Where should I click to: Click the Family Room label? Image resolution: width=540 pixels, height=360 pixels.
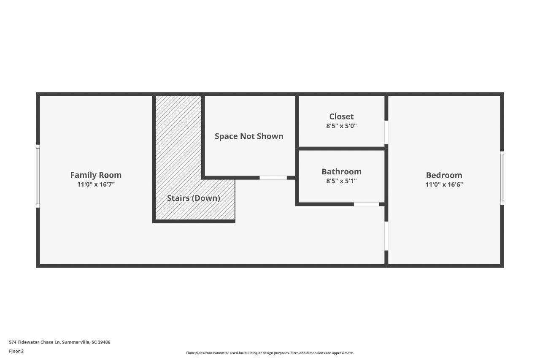(x=96, y=175)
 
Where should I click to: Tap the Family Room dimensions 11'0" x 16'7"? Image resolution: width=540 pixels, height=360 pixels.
(x=96, y=184)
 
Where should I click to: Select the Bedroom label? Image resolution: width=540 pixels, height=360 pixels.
(x=444, y=175)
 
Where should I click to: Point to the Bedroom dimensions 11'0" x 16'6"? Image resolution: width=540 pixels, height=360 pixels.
(x=444, y=184)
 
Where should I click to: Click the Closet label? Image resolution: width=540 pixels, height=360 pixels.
(x=341, y=116)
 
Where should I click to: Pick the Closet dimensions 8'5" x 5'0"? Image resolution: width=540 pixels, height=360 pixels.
(x=341, y=126)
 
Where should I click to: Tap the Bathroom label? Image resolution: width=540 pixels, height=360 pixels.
(x=341, y=172)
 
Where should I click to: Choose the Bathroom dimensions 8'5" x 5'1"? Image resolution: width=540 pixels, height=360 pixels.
(x=341, y=181)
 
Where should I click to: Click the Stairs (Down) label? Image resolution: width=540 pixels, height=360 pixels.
(x=193, y=198)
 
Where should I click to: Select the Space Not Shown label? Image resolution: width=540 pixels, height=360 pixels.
(x=249, y=136)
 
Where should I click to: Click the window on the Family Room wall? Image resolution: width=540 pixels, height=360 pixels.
(x=38, y=176)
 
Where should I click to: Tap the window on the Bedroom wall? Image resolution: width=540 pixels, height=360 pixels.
(x=502, y=178)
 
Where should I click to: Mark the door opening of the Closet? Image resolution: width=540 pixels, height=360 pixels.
(x=386, y=133)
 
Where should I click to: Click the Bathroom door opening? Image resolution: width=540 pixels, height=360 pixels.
(x=367, y=204)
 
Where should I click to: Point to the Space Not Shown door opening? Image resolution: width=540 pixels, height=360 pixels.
(x=273, y=178)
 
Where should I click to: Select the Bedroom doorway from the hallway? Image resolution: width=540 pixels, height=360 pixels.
(x=386, y=236)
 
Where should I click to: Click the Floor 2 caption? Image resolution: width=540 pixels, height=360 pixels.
(x=16, y=351)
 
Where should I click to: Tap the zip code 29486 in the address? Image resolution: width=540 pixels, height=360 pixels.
(x=104, y=342)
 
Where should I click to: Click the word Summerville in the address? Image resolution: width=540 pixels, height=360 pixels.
(x=76, y=342)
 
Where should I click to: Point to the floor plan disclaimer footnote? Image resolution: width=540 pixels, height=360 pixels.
(x=270, y=353)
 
